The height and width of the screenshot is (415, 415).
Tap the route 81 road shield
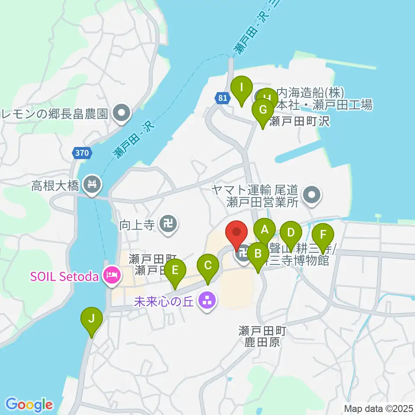pyautogui.click(x=222, y=98)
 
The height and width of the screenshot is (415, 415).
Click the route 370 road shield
pyautogui.click(x=82, y=153)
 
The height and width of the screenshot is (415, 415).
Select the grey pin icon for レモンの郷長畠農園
pyautogui.click(x=121, y=114)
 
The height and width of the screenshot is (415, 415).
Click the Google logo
pyautogui.click(x=29, y=405)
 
